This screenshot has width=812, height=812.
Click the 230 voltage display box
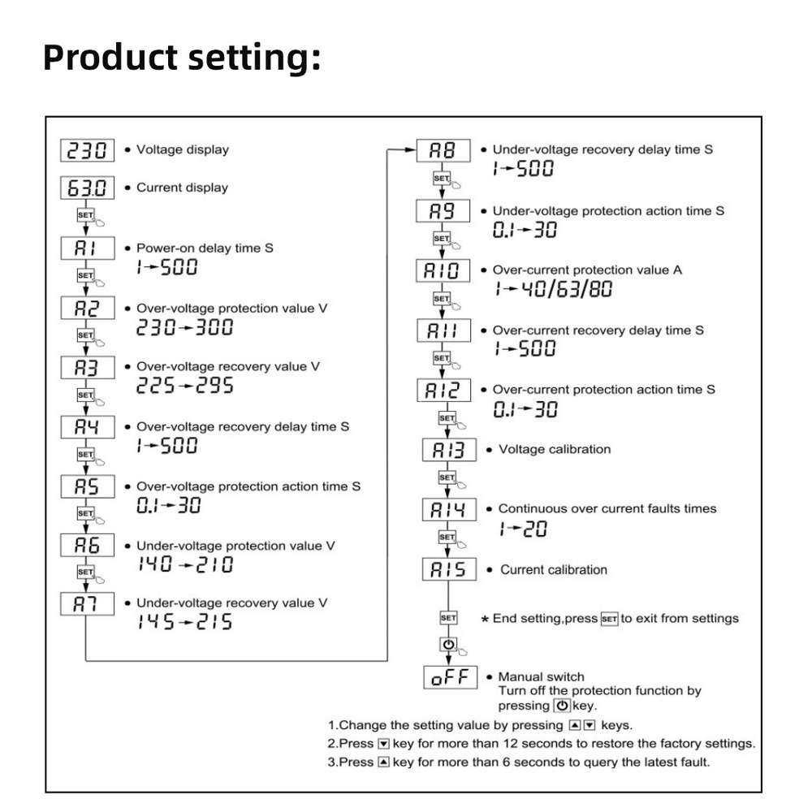click(87, 149)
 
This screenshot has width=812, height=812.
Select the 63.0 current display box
click(87, 188)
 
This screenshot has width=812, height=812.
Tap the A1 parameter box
click(87, 248)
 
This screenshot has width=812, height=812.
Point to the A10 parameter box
click(443, 270)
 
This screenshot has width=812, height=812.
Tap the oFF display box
click(448, 676)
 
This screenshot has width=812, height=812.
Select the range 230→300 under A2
click(184, 327)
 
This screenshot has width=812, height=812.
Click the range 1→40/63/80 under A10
click(551, 289)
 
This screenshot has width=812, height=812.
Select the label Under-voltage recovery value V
click(231, 603)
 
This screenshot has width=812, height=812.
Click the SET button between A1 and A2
click(84, 276)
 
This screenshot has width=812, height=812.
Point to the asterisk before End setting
click(486, 620)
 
